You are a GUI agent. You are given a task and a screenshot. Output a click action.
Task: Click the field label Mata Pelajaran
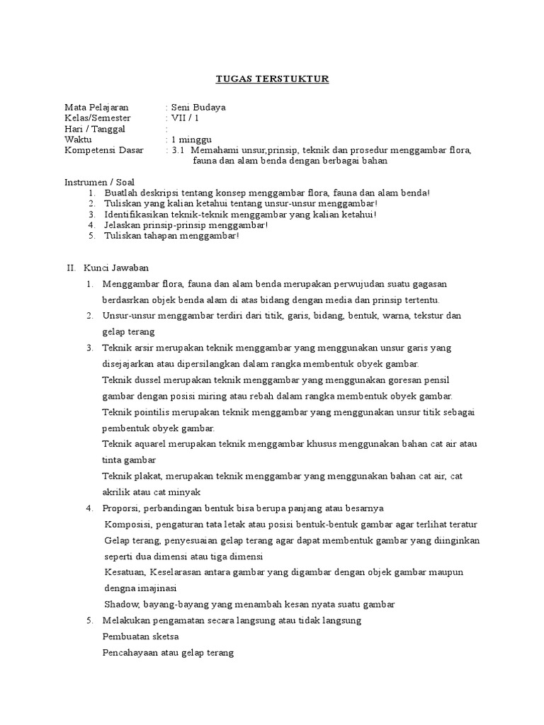click(x=96, y=107)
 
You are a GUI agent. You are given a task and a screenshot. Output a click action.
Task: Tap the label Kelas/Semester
click(x=98, y=118)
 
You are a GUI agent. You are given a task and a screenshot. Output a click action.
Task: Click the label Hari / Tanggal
click(x=95, y=129)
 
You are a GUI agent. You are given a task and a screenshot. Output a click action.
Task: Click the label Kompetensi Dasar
click(x=103, y=150)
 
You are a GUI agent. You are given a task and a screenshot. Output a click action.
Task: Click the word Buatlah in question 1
click(x=120, y=193)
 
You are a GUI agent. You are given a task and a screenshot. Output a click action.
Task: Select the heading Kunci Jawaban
click(x=116, y=268)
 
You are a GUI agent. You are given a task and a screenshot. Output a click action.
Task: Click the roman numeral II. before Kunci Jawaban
click(x=70, y=268)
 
